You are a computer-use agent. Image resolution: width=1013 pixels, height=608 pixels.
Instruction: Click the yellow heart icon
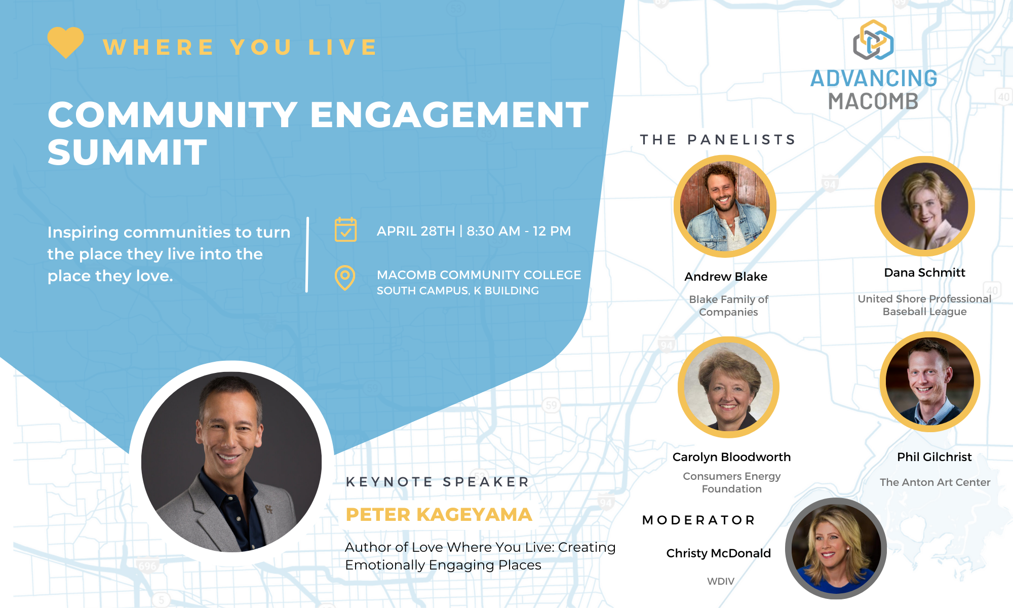point(66,42)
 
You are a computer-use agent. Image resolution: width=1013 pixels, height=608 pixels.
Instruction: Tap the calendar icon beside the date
point(345,230)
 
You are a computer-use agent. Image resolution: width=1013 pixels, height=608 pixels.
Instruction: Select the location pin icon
point(345,278)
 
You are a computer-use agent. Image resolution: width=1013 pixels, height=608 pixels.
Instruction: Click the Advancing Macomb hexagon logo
point(873,40)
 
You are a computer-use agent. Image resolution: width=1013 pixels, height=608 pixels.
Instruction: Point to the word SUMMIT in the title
point(127,153)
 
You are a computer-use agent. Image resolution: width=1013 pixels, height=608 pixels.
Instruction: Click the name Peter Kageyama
point(439,514)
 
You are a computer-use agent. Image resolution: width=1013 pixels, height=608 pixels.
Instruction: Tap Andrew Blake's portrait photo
point(725,206)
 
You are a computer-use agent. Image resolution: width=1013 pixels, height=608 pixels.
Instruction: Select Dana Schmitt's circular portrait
point(925,206)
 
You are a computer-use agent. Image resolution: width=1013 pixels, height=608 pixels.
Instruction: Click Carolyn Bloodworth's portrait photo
point(728,387)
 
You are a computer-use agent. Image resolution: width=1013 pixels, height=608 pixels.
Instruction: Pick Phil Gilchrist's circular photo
point(930,382)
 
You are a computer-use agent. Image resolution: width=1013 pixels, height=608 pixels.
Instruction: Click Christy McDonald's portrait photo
point(836,548)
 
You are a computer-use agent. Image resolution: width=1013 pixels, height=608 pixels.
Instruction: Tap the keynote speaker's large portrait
point(231,462)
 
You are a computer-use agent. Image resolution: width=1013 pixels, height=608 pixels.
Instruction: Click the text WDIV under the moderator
point(720,581)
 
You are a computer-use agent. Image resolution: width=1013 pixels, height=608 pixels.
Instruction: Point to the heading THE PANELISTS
point(718,139)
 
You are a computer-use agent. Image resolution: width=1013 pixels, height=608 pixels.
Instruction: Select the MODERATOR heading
point(698,520)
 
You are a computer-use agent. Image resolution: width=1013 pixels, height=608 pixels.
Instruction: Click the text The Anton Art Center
point(935,482)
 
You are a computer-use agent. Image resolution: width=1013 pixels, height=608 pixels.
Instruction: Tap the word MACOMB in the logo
point(873,101)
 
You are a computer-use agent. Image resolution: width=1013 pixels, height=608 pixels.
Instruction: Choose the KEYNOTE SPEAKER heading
point(438,481)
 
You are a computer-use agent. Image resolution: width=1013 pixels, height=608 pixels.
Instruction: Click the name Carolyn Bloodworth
point(731,457)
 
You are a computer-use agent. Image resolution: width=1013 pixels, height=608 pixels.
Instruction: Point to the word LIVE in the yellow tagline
point(343,47)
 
